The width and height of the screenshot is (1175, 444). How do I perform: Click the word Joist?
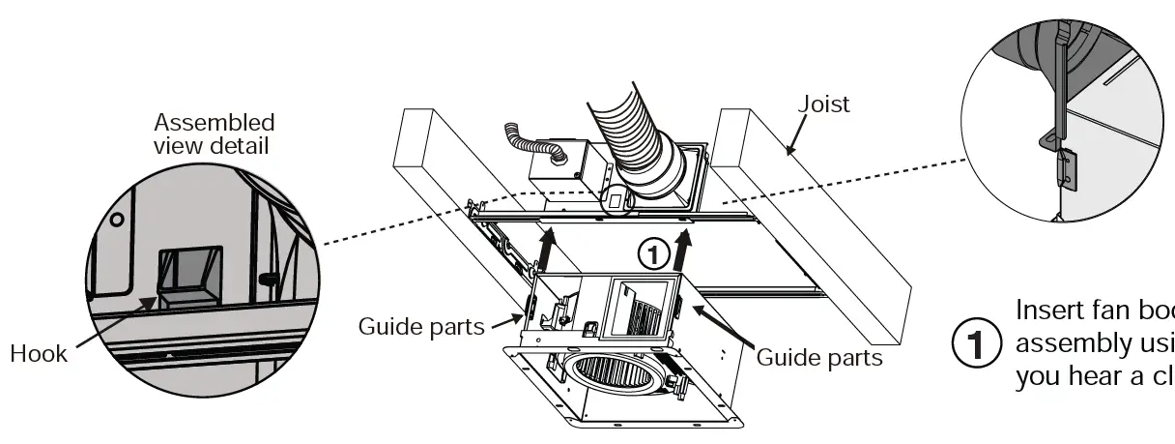pyautogui.click(x=824, y=104)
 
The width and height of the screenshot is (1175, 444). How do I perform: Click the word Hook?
pyautogui.click(x=39, y=353)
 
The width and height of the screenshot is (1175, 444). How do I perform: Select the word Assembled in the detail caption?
pyautogui.click(x=215, y=123)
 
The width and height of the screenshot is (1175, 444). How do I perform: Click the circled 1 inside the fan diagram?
pyautogui.click(x=654, y=253)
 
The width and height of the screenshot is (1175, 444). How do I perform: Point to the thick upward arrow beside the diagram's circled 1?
pyautogui.click(x=685, y=252)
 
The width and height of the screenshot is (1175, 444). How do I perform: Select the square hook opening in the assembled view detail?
pyautogui.click(x=189, y=276)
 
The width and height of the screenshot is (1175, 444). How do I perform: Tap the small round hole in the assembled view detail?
pyautogui.click(x=116, y=220)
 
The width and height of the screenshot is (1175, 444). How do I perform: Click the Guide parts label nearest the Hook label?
pyautogui.click(x=421, y=326)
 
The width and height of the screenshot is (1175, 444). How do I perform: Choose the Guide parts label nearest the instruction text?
pyautogui.click(x=819, y=357)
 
